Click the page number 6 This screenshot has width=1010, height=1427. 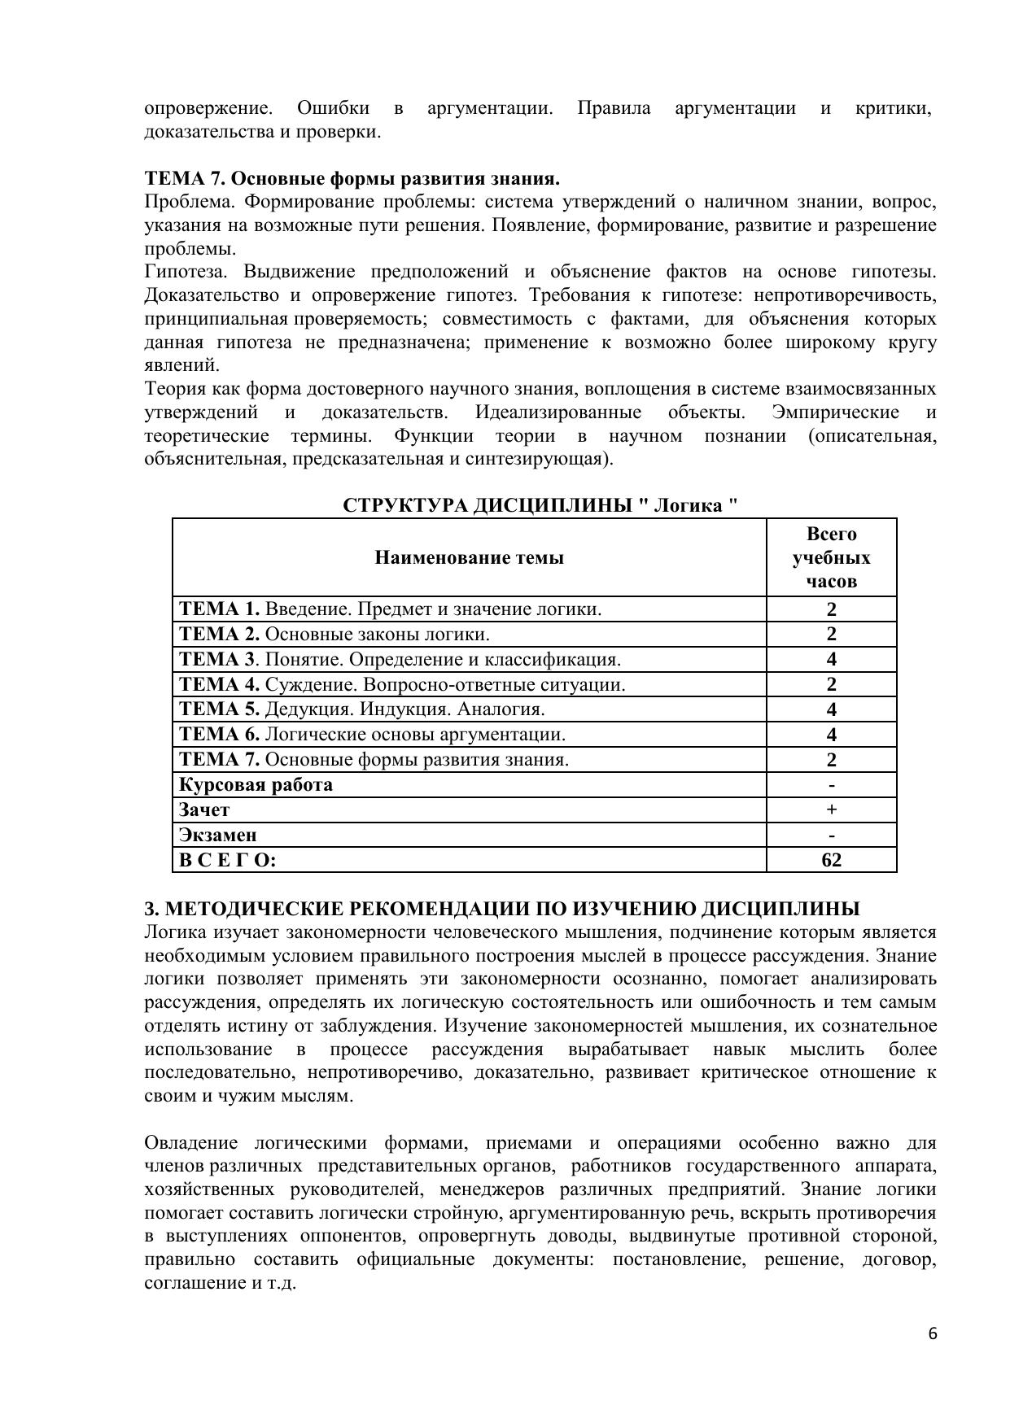pos(932,1333)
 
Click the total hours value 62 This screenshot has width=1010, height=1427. pos(831,860)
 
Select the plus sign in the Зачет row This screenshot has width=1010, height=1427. pos(831,810)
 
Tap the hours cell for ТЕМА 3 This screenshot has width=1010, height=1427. pos(831,659)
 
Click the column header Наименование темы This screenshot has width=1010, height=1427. pos(469,557)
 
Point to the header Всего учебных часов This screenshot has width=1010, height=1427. pos(831,557)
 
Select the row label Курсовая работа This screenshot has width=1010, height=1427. pos(256,784)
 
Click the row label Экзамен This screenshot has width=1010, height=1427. pos(218,835)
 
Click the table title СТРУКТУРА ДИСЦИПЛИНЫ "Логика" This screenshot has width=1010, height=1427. pos(540,505)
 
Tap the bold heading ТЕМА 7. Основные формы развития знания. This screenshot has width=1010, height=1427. pos(352,178)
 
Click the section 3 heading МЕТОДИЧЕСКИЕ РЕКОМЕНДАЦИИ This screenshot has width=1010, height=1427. pos(501,909)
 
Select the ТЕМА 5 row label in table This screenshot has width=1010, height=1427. pos(362,709)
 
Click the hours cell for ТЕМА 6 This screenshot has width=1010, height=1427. pos(831,735)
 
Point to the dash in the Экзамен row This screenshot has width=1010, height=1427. pos(831,835)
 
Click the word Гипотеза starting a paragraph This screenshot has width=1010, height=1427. pos(188,272)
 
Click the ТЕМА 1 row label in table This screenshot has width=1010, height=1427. pos(390,609)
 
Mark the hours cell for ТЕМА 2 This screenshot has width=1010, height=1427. pos(831,634)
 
